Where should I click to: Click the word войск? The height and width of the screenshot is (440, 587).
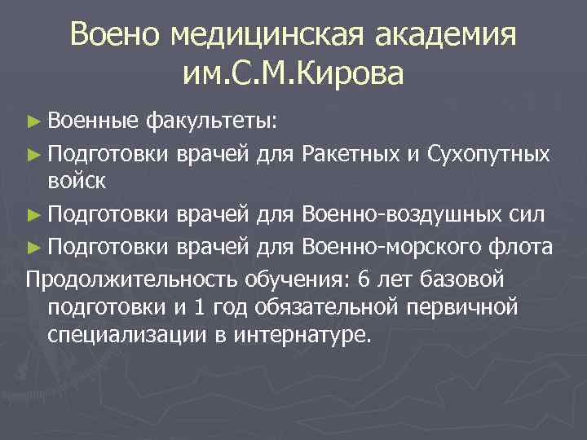77,181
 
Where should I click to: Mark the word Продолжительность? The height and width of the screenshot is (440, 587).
131,279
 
